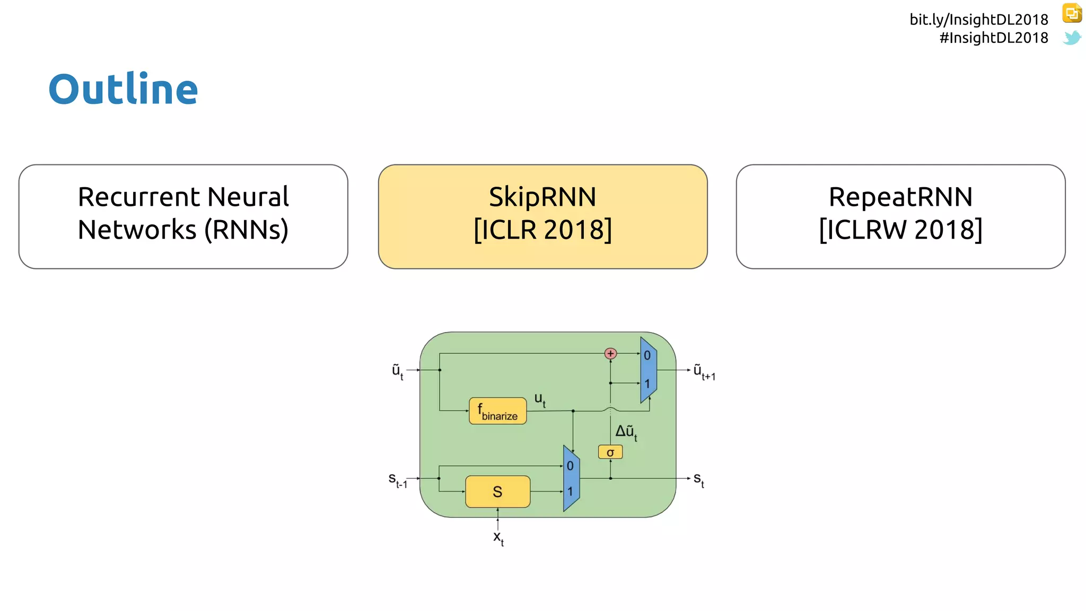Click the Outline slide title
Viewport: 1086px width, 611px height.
click(x=123, y=89)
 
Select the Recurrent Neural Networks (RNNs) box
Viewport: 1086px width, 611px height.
click(x=183, y=216)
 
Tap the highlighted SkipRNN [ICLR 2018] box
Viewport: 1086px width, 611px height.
click(x=542, y=216)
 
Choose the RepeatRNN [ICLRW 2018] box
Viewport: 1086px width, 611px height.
click(x=900, y=216)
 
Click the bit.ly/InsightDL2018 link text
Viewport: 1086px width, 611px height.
click(x=978, y=20)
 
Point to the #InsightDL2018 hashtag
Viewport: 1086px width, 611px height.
click(x=993, y=38)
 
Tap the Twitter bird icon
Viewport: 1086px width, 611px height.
click(x=1072, y=38)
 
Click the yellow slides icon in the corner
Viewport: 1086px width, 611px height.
click(x=1072, y=13)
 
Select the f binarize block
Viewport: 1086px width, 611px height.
click(x=497, y=411)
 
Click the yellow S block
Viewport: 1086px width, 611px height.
click(x=497, y=492)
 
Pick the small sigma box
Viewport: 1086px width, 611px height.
click(x=610, y=452)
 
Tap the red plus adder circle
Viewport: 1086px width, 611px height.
click(x=610, y=353)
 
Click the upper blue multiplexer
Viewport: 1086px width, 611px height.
click(x=648, y=370)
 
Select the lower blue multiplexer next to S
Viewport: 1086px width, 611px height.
click(x=571, y=478)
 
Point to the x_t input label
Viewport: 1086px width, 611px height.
click(x=498, y=538)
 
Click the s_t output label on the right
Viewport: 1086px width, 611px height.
click(x=699, y=479)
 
